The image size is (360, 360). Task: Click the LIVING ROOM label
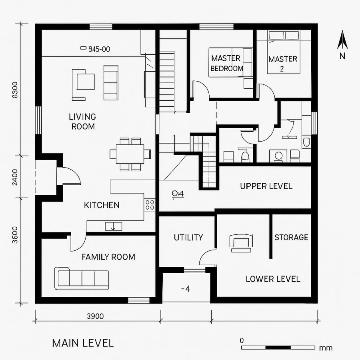[x=82, y=122]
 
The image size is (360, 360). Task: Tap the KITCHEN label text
[x=102, y=205]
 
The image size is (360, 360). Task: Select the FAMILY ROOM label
[x=108, y=257]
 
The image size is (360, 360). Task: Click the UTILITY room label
[x=188, y=238]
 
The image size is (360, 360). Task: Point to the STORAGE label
[x=291, y=238]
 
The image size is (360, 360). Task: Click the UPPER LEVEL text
[x=266, y=186]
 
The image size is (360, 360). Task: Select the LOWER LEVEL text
[x=273, y=279]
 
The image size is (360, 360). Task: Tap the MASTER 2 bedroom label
[x=283, y=64]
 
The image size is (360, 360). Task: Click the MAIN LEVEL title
[x=83, y=343]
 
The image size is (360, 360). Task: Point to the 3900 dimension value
[x=95, y=316]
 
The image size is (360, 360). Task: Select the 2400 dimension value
[x=15, y=177]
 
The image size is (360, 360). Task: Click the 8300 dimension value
[x=15, y=90]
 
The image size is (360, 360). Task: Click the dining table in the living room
[x=130, y=154]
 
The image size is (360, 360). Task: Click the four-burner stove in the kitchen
[x=150, y=205]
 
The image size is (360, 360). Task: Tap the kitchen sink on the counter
[x=114, y=226]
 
